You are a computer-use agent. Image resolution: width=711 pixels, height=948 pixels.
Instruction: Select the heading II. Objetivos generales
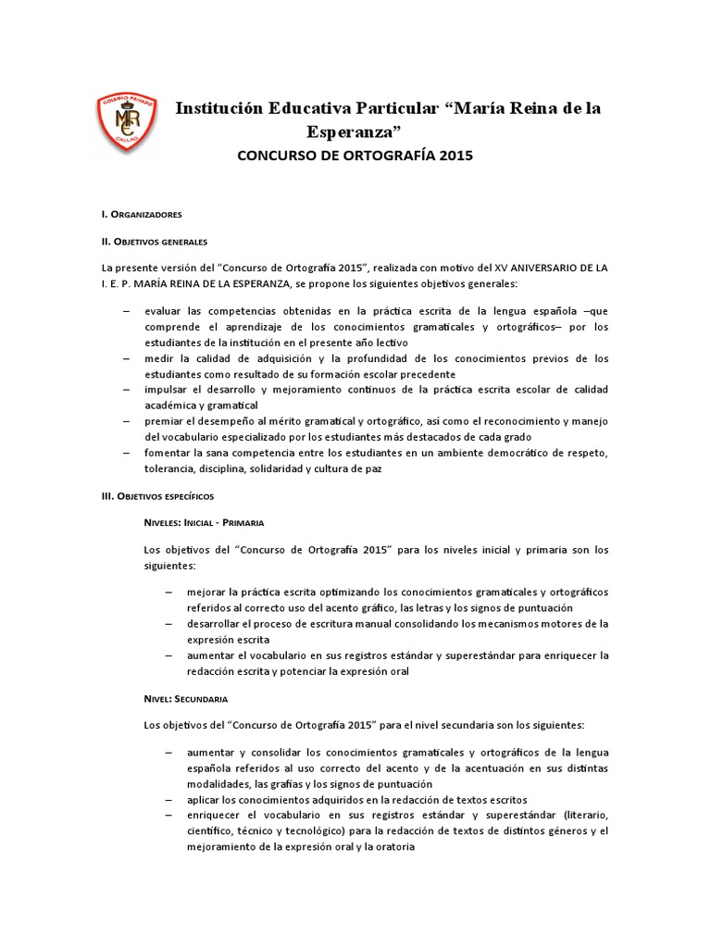pos(156,241)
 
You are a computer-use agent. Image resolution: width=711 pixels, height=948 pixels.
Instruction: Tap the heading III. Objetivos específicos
pos(157,497)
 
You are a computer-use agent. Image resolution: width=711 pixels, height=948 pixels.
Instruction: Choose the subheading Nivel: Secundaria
pos(186,698)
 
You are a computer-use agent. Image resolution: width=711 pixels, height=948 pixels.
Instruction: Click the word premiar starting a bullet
pos(166,421)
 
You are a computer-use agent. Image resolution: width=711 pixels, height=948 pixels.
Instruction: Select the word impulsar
pos(169,390)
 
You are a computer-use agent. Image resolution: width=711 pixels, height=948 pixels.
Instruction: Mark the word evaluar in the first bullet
pos(166,311)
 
